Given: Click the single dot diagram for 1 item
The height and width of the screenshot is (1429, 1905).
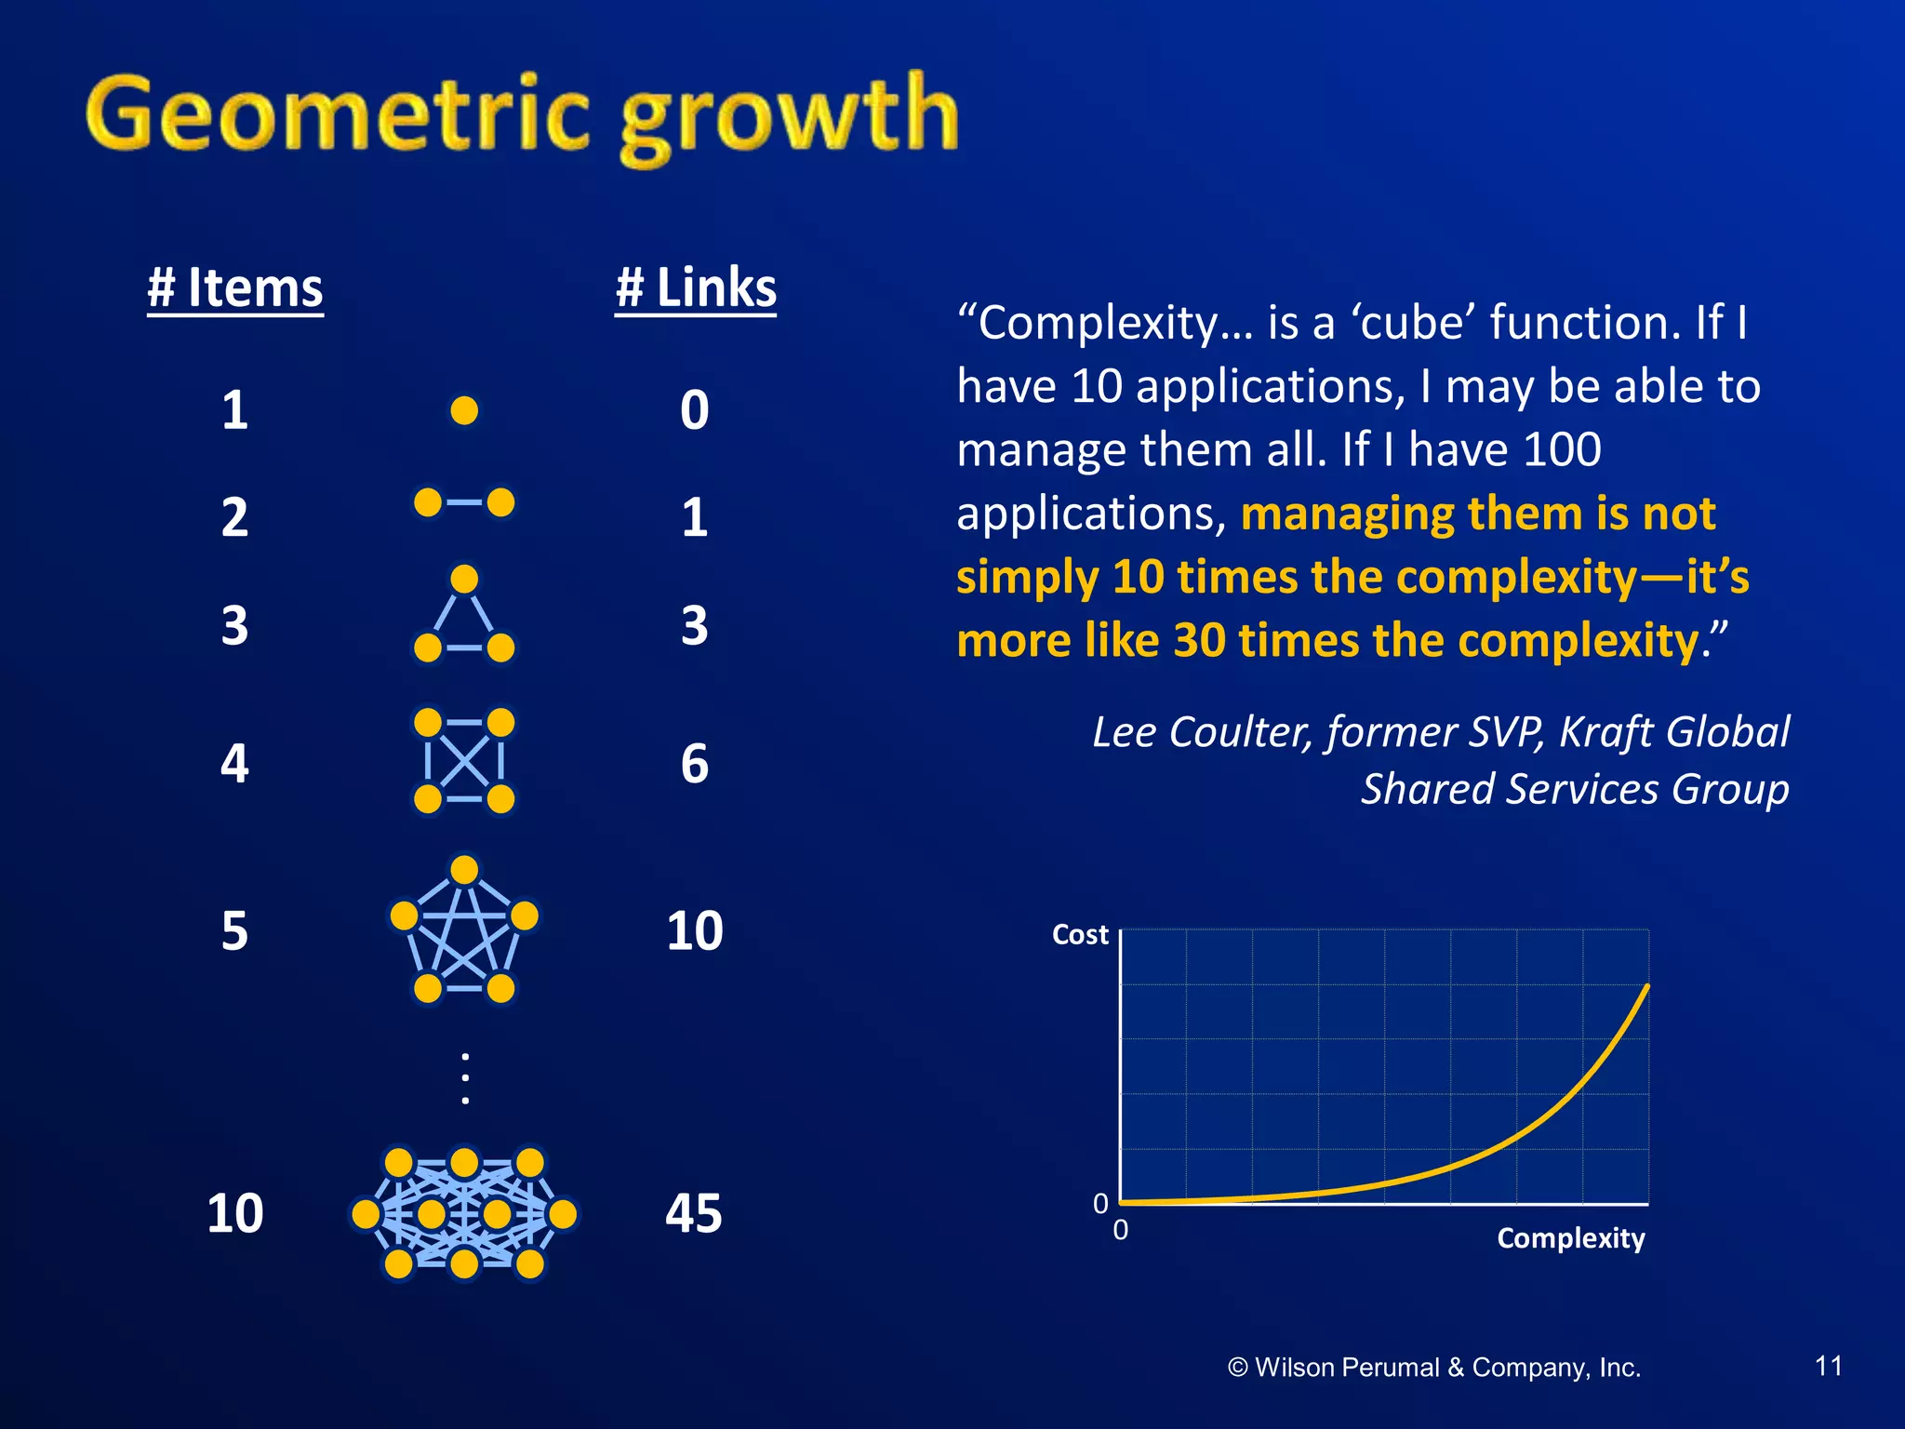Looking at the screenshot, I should coord(464,410).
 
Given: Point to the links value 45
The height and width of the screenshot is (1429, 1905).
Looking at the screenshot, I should coord(694,1213).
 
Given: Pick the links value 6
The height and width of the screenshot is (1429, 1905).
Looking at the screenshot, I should coord(694,764).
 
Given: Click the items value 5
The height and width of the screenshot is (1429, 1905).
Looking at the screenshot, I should coord(235,930).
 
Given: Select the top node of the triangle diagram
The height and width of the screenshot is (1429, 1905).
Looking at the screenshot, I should coord(464,580).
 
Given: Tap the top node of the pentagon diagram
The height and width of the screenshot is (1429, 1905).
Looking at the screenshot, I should coord(464,870).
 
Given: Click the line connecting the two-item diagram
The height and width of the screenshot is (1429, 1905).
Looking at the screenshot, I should coord(464,502).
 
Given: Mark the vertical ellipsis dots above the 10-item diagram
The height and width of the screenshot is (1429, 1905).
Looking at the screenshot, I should coord(465,1079).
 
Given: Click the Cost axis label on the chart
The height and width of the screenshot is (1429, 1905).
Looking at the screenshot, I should coord(1080,934).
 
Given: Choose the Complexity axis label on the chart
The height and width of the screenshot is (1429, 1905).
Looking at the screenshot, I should coord(1570,1238).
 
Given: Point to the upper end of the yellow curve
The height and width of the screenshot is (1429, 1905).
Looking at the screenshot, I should coord(1646,987).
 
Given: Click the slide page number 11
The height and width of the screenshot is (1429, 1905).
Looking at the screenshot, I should coord(1829,1366).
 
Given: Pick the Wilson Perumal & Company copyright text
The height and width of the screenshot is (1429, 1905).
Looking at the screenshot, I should coord(1434,1368).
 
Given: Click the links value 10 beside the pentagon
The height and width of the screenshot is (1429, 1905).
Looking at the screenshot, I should coord(694,930).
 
